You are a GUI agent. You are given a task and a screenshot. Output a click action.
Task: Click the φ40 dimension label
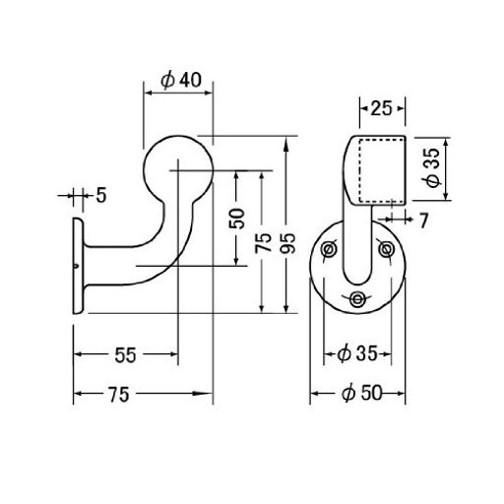[x=181, y=81]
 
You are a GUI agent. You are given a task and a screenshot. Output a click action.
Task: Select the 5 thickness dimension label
[x=101, y=196]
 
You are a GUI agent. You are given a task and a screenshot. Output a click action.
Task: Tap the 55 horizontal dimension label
[x=125, y=355]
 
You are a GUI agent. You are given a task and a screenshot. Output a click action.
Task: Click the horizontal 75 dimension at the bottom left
[x=119, y=394]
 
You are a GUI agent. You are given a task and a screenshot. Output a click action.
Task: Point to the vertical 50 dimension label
[x=237, y=219]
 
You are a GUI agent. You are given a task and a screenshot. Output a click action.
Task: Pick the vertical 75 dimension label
[x=263, y=242]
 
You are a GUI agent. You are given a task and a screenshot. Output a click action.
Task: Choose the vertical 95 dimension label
[x=288, y=243]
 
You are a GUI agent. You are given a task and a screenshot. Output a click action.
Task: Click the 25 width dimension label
[x=381, y=108]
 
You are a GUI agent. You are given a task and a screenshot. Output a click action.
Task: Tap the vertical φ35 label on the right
[x=433, y=167]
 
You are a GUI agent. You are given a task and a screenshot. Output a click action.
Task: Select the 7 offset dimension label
[x=424, y=220]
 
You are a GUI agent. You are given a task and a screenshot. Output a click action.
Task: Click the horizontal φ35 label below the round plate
[x=357, y=354]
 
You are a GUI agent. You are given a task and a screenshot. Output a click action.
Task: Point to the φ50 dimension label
[x=362, y=393]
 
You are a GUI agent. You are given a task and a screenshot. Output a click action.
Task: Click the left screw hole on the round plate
[x=328, y=250]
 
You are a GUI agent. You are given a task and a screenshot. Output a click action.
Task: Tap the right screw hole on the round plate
[x=386, y=249]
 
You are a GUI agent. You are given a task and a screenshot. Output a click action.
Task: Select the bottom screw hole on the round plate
[x=356, y=299]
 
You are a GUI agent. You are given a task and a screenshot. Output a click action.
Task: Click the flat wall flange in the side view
[x=78, y=266]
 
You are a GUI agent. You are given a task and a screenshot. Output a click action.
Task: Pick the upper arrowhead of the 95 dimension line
[x=286, y=144]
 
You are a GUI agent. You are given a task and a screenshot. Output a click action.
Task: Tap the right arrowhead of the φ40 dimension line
[x=207, y=93]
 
